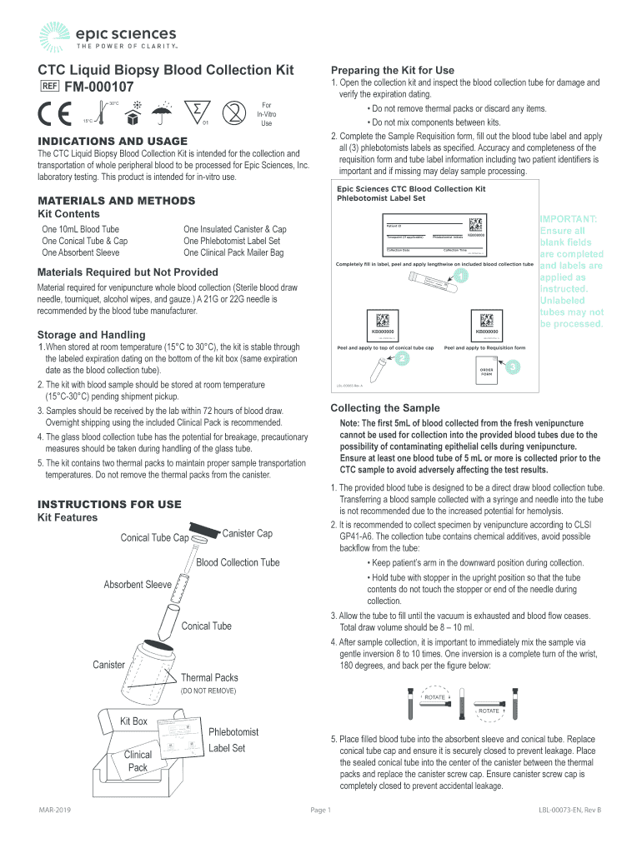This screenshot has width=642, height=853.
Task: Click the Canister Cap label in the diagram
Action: point(248,533)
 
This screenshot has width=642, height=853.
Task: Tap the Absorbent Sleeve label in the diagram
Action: point(138,585)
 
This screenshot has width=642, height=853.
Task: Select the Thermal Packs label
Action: point(209,677)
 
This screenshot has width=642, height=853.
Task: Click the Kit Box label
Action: point(133,721)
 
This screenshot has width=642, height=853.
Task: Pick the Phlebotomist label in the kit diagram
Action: point(233,731)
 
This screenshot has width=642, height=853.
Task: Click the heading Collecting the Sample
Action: point(385,407)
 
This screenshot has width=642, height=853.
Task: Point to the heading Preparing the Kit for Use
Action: point(393,70)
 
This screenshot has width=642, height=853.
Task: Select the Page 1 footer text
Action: point(321,810)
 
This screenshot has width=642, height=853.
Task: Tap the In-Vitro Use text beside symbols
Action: point(266,114)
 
